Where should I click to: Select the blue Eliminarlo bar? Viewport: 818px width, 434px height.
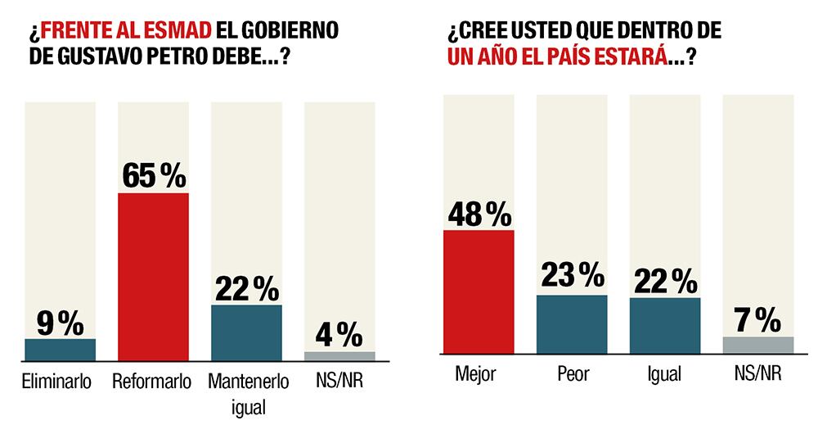point(60,350)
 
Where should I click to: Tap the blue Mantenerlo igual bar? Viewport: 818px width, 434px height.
point(246,332)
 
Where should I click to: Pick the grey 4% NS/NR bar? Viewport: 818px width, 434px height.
point(339,356)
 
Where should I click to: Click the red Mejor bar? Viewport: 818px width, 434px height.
point(479,295)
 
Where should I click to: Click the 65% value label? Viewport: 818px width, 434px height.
point(154,176)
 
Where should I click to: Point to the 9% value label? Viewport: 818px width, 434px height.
point(60,323)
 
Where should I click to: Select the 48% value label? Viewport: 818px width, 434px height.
point(479,214)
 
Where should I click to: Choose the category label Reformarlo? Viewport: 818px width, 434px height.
point(152,382)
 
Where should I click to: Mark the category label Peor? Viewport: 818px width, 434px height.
point(572,374)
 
